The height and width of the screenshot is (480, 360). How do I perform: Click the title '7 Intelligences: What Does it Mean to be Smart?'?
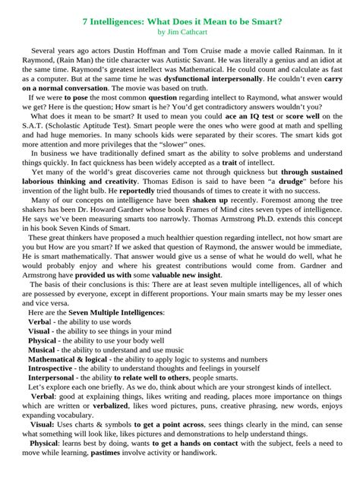180,23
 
